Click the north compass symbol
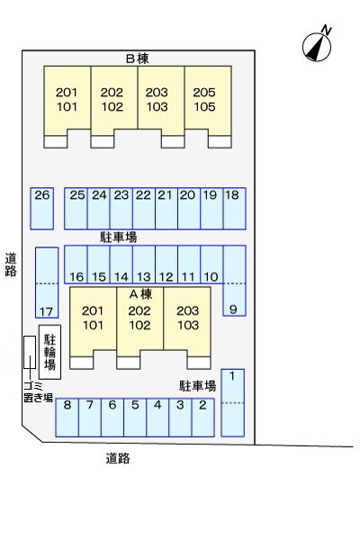point(317,47)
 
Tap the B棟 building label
point(137,58)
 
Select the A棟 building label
point(140,294)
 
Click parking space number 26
point(41,209)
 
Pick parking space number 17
point(47,283)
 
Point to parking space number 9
point(234,281)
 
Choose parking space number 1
point(232,403)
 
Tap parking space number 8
point(67,418)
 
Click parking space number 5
point(135,418)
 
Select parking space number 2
point(202,418)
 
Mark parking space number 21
point(166,209)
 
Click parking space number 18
point(234,209)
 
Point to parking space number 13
point(144,264)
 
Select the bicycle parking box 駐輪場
point(49,352)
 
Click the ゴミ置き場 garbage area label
point(38,391)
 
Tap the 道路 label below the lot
point(118,458)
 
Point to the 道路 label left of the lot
point(11,265)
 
